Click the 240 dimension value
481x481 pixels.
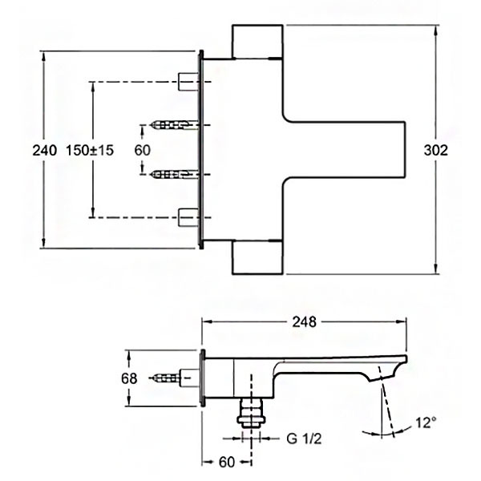[45, 151]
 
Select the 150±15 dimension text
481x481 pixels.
[90, 151]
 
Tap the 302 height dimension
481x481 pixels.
[436, 151]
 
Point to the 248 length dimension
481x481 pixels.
[305, 321]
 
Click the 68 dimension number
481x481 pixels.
[129, 378]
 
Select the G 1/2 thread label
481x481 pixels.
[305, 439]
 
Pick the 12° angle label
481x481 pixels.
[426, 422]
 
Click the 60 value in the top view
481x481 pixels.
[143, 151]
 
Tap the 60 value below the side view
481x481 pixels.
[227, 462]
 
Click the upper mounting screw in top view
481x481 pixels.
[174, 125]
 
